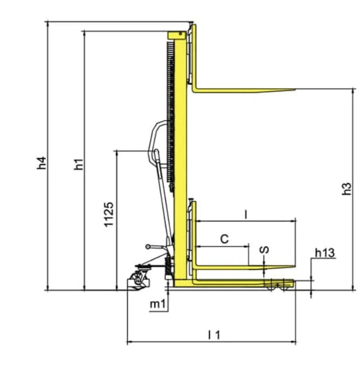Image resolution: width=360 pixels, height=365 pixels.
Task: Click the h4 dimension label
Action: (x=42, y=163)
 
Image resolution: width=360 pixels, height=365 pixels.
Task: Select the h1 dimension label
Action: (x=79, y=165)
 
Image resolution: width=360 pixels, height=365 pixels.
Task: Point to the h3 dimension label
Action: (x=346, y=189)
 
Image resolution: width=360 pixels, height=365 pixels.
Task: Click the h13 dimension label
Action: (x=325, y=253)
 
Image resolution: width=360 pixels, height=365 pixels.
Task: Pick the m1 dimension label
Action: (x=158, y=304)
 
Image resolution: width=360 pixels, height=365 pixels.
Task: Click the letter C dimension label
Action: (x=225, y=239)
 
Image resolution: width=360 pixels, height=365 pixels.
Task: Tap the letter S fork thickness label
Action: (x=264, y=250)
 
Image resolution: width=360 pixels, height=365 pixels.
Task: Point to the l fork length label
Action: (x=245, y=215)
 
